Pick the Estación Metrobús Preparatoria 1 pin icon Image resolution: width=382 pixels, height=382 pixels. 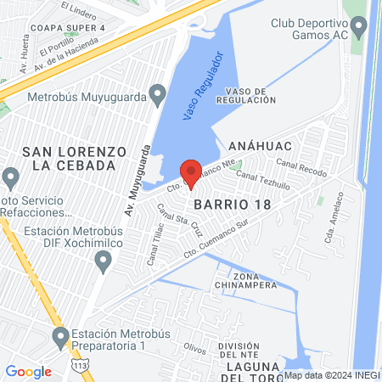coord(60,338)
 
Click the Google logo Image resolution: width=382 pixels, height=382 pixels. coord(28,371)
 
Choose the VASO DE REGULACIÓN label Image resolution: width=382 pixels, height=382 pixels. coord(246,94)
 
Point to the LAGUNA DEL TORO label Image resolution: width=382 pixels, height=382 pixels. coord(255,366)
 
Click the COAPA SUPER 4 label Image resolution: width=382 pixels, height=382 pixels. coord(63,26)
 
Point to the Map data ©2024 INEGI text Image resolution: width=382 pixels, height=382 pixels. coord(332,374)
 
